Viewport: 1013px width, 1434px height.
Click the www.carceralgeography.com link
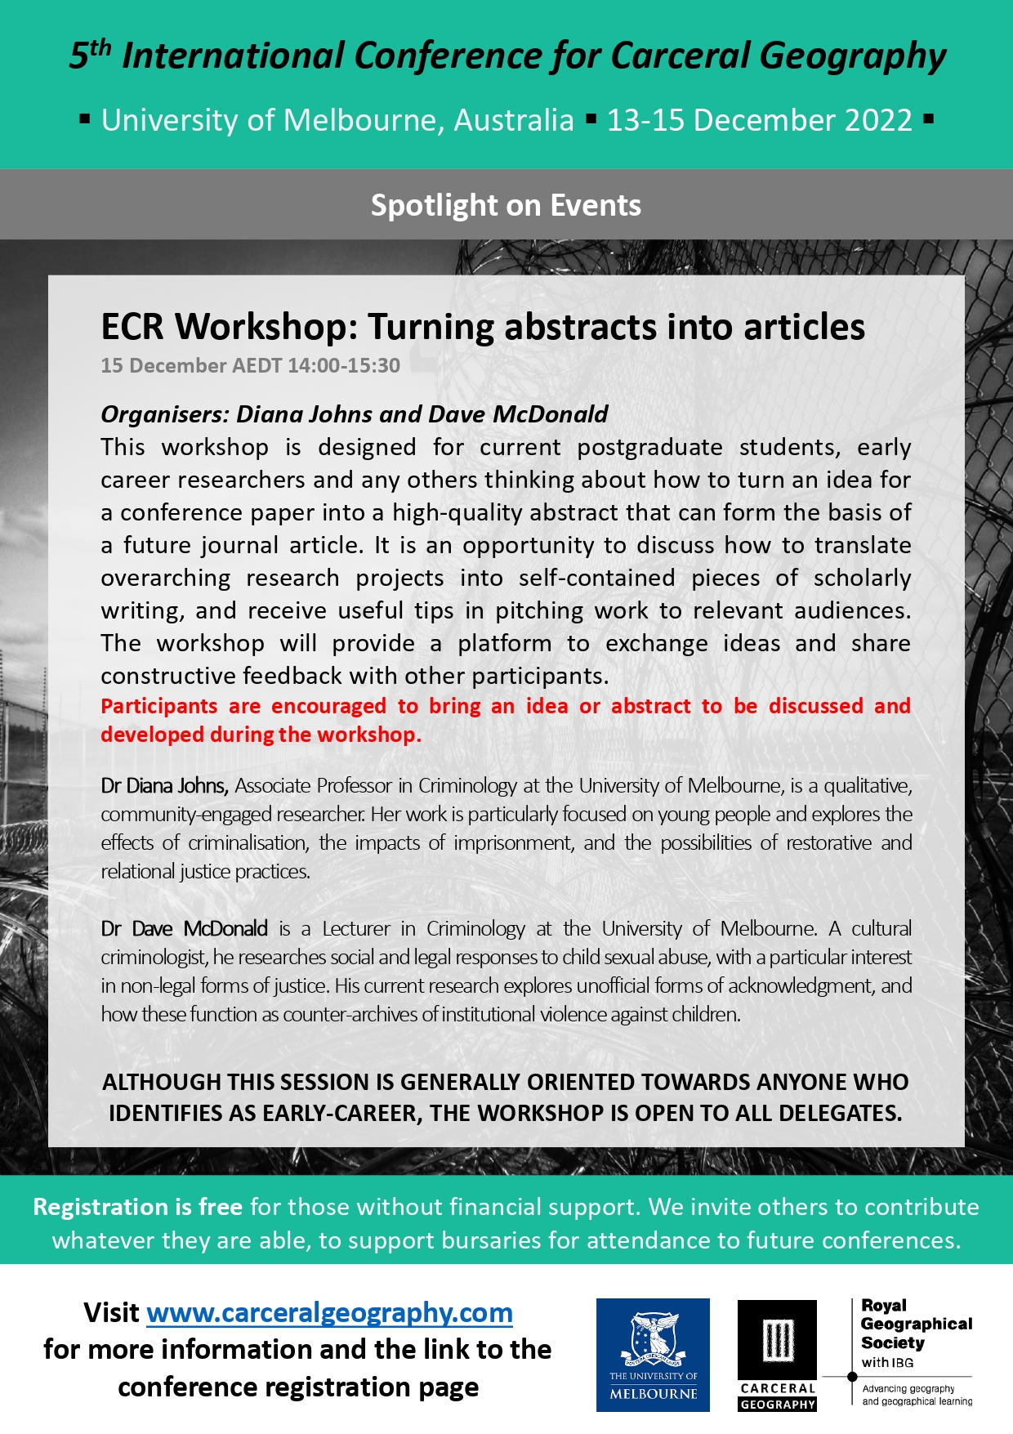pos(329,1313)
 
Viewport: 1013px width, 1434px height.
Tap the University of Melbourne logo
pos(653,1355)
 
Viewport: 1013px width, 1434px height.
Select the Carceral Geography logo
pos(777,1355)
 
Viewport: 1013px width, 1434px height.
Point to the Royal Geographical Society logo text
pos(916,1325)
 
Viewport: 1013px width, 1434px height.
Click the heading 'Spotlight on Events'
pos(506,205)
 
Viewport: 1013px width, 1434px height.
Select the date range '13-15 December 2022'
pos(759,120)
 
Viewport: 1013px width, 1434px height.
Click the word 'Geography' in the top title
pos(853,56)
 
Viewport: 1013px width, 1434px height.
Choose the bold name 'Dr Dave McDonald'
pos(185,929)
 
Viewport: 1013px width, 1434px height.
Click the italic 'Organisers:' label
pos(164,414)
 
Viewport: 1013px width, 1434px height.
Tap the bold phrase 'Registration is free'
pos(137,1207)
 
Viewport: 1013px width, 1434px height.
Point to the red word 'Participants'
pos(159,706)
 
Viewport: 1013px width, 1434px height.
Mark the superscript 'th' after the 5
pos(100,47)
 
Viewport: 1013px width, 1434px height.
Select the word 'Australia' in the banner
pos(514,120)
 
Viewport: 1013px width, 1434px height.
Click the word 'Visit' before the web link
pos(111,1313)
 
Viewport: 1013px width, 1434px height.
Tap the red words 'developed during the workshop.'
pos(261,735)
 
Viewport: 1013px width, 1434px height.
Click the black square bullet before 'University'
pos(84,119)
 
